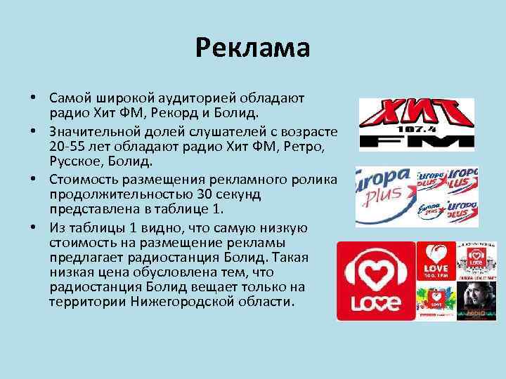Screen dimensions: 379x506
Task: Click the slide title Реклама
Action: (x=252, y=48)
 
